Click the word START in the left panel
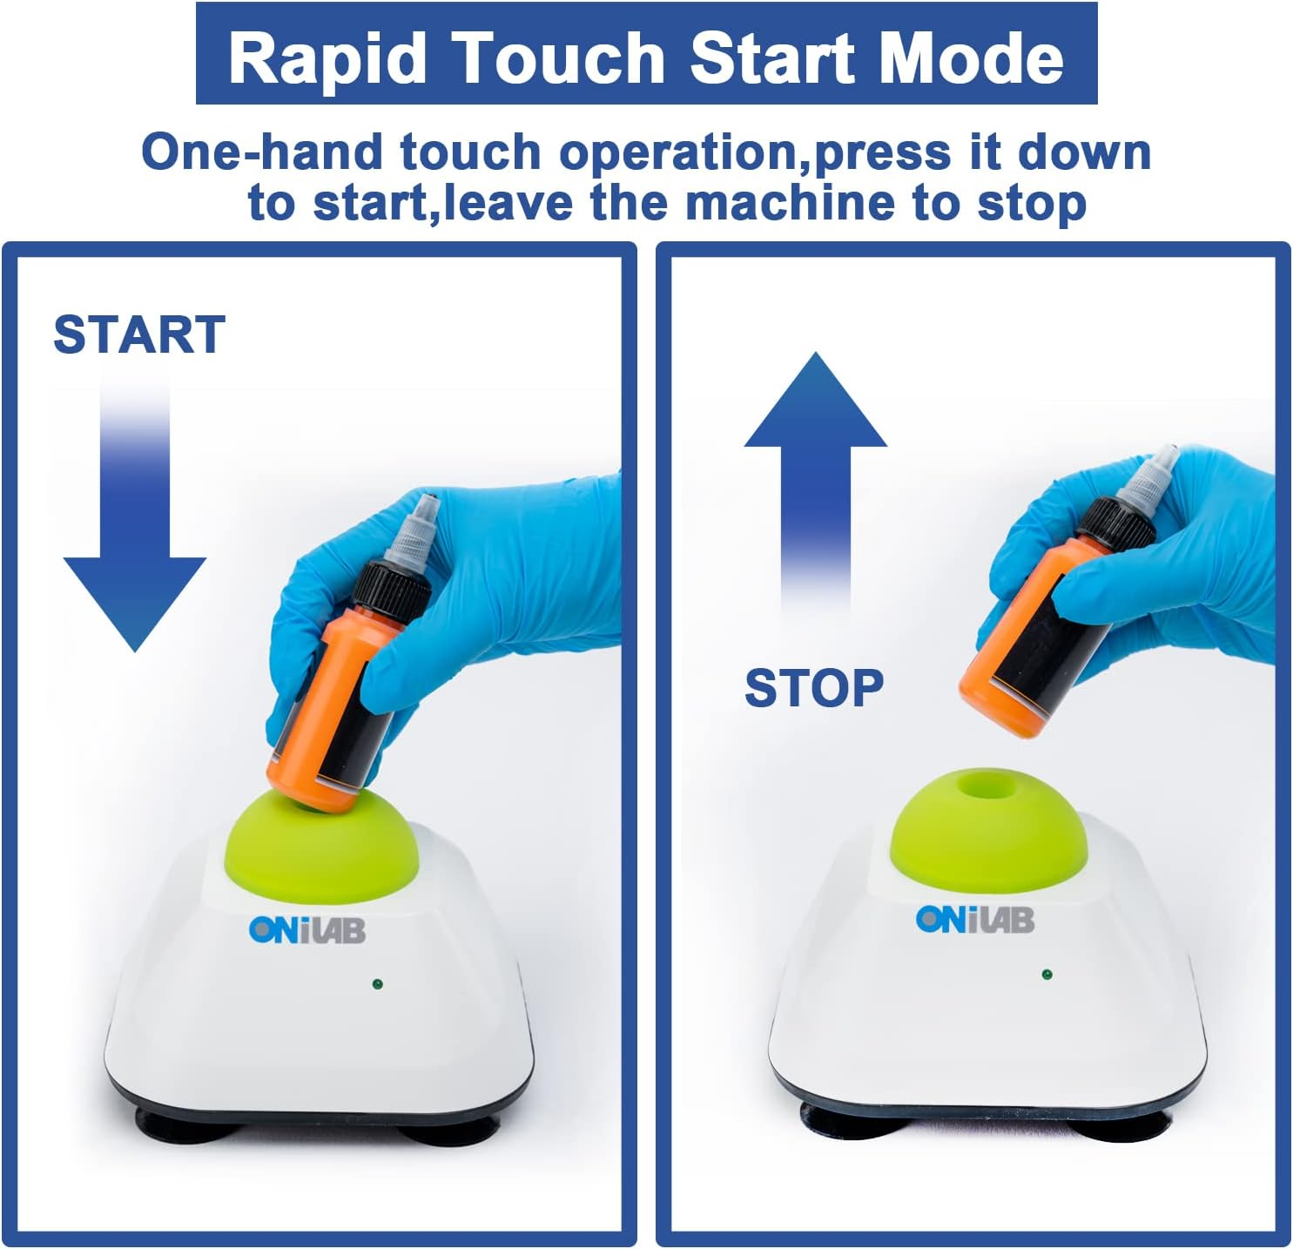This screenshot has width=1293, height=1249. pos(138,334)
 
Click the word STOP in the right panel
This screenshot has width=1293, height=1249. pos(814,688)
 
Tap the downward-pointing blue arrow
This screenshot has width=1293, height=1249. pos(135,512)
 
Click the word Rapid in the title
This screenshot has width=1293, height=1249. pos(327,57)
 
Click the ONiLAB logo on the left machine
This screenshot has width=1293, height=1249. pos(307,930)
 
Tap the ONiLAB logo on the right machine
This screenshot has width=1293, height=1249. pos(974,920)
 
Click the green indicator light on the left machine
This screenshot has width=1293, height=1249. pos(377,983)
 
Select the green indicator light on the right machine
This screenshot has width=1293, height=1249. pos(1047,975)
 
